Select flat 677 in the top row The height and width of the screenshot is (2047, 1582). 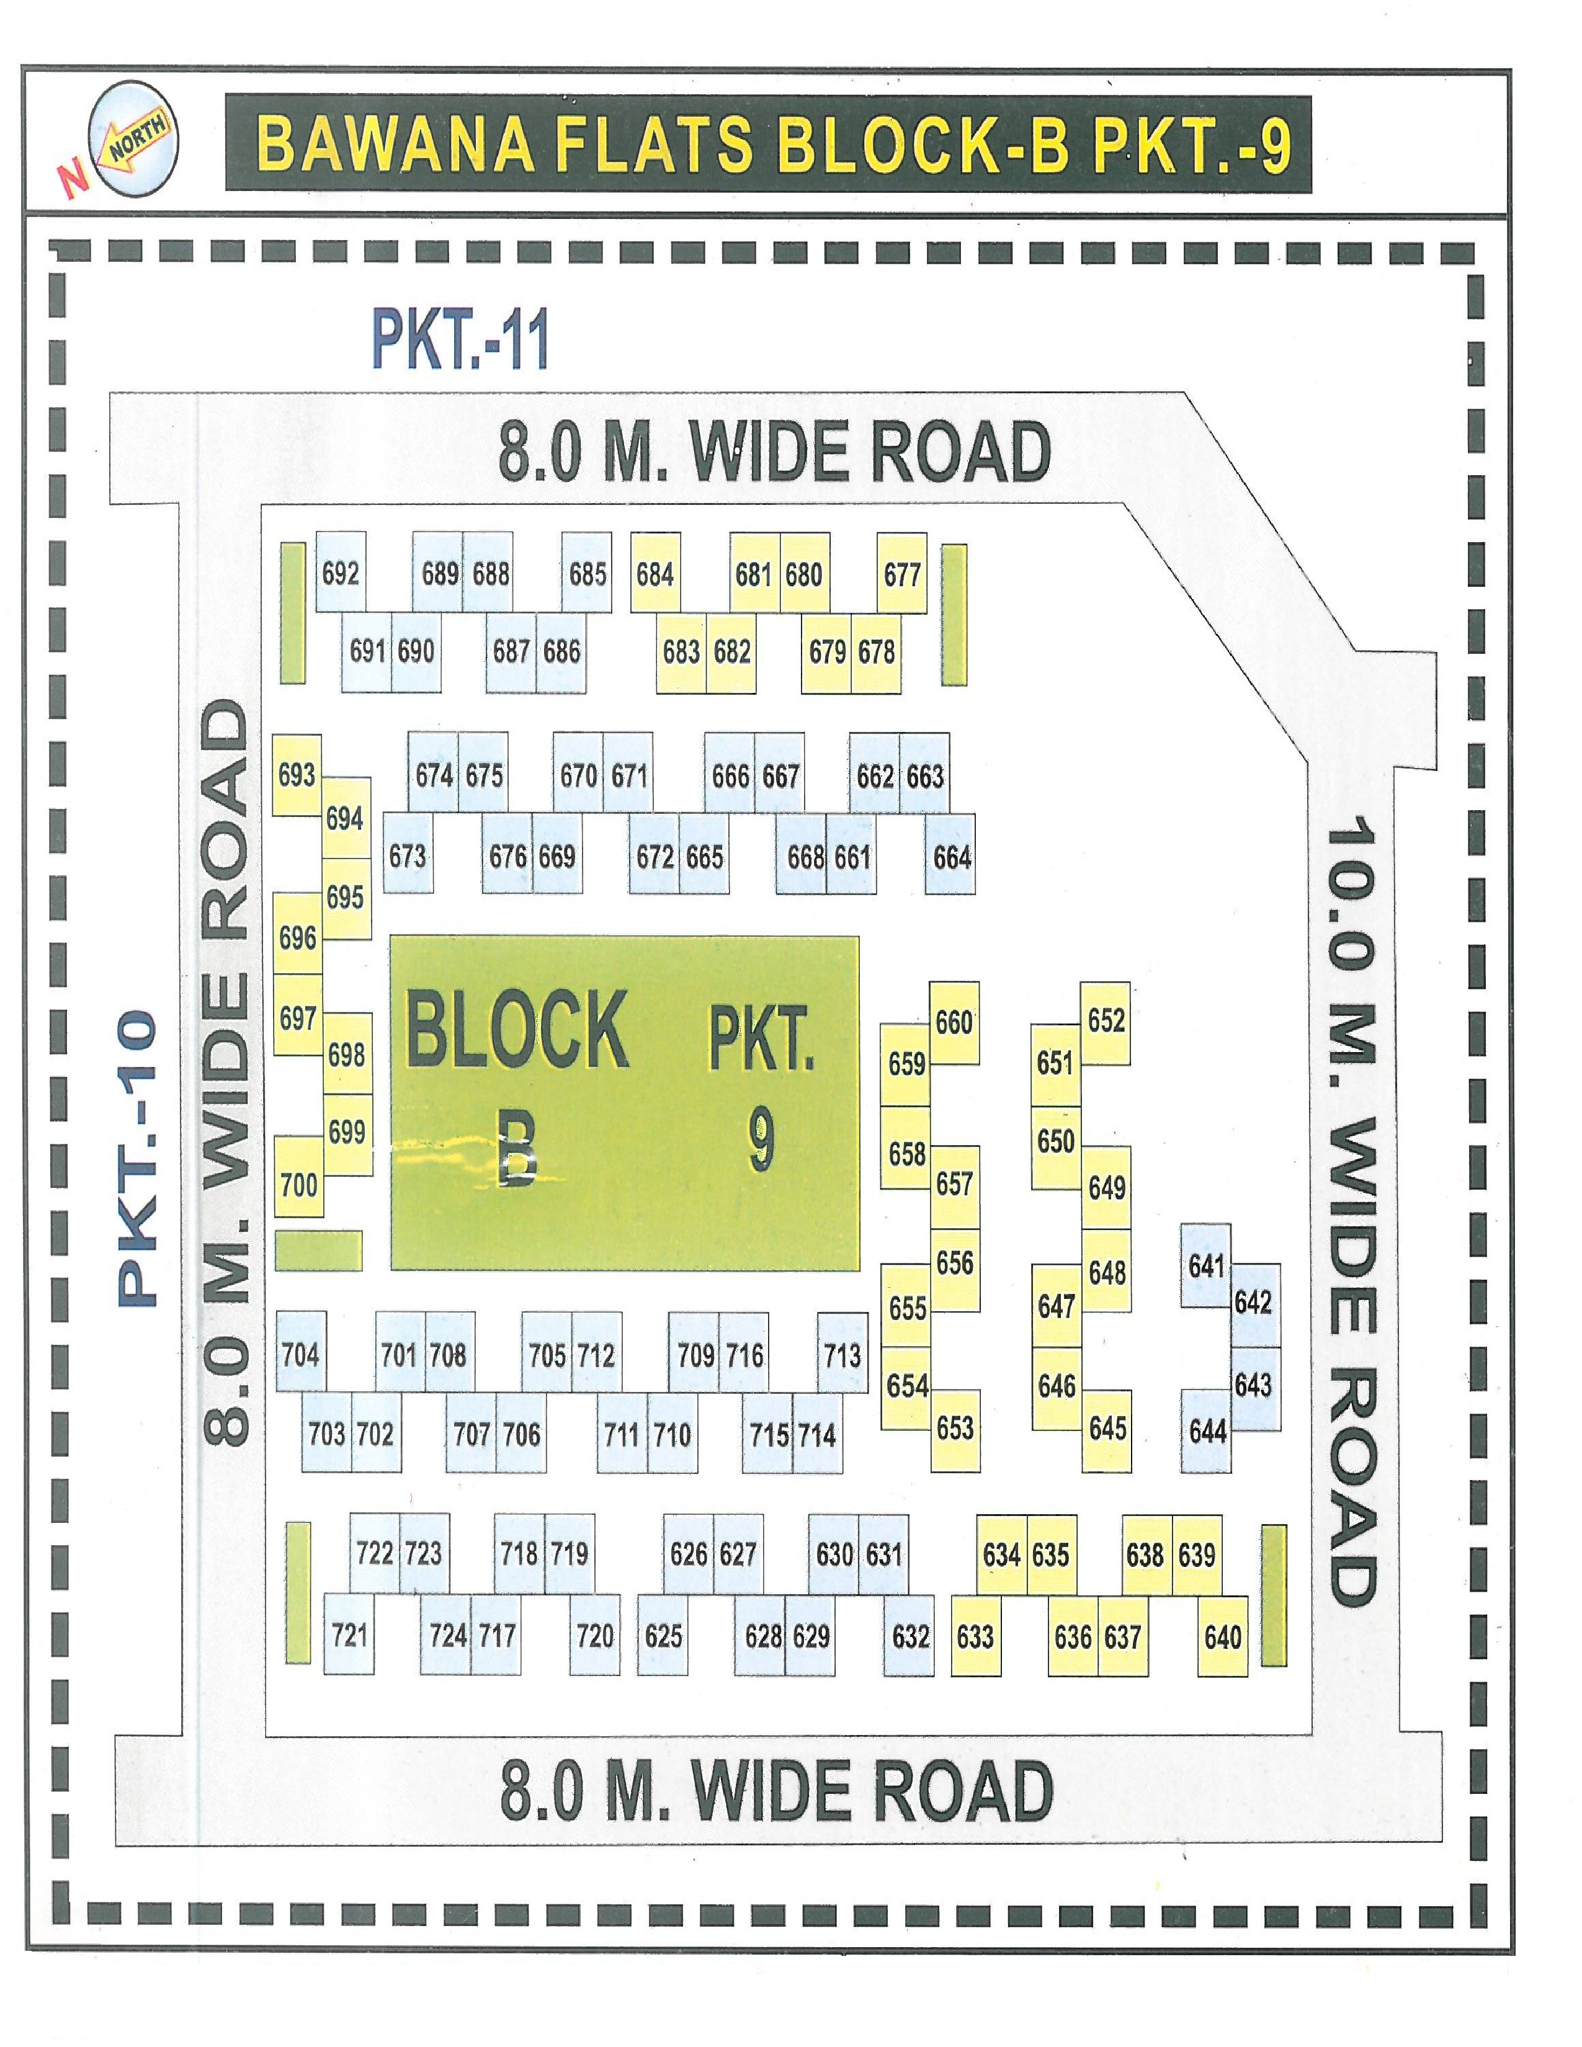(901, 574)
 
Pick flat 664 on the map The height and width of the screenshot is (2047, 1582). (951, 857)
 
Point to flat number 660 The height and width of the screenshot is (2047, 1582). (954, 1022)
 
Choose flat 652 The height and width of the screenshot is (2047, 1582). (1106, 1020)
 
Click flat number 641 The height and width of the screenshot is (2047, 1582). (1206, 1266)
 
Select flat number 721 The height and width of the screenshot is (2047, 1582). (349, 1636)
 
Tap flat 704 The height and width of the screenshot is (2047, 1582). (300, 1354)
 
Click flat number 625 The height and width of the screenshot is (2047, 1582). (663, 1636)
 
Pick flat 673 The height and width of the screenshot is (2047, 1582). (408, 856)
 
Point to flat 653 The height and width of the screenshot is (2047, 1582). (954, 1429)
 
